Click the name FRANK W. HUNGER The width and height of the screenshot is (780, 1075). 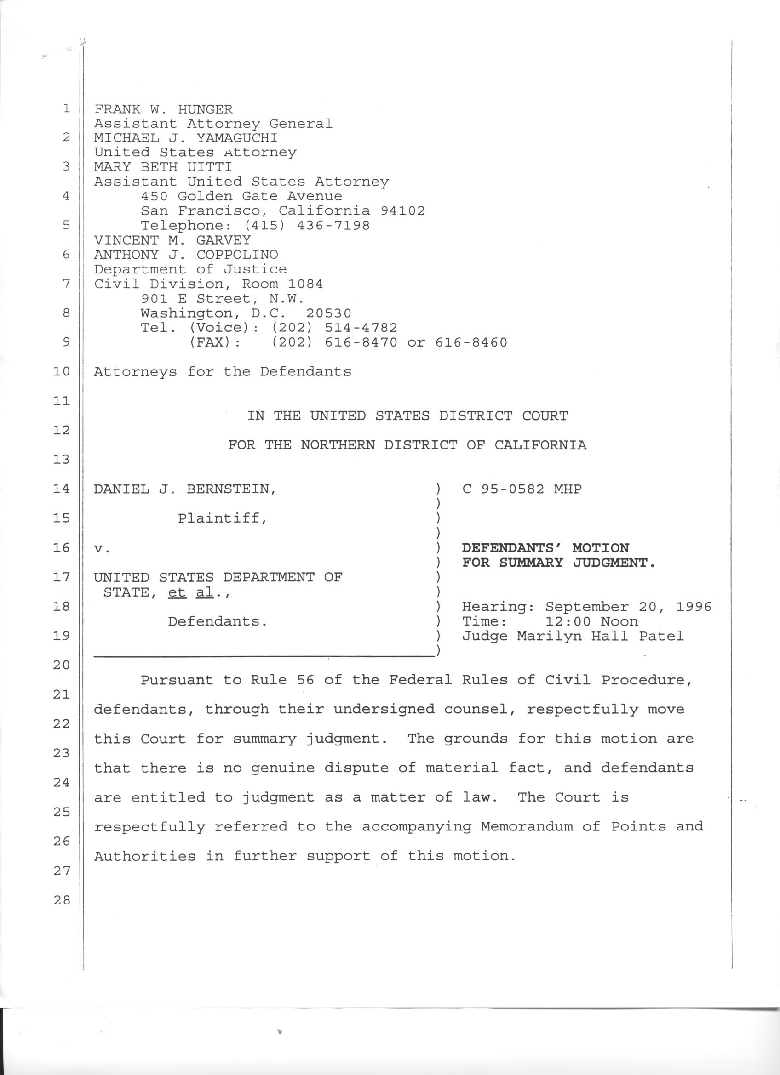tap(163, 109)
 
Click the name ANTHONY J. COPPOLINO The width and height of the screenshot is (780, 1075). tap(186, 255)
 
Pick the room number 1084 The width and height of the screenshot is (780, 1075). tap(309, 284)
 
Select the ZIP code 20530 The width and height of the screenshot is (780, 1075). tap(328, 313)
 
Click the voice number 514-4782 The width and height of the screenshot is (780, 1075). tap(361, 328)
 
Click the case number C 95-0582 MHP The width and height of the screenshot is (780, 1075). tap(522, 489)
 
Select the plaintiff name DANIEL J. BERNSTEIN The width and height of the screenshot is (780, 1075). tap(185, 489)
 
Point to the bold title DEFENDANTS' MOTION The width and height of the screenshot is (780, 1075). tap(545, 548)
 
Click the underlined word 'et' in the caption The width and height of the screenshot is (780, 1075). tap(177, 592)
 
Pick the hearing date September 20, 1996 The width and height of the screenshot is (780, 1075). tap(628, 607)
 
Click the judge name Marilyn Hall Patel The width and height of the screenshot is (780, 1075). tap(600, 636)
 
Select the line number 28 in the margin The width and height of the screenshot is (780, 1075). tap(62, 900)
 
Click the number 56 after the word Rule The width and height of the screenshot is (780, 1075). tap(305, 680)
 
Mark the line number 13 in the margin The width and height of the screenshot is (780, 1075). tap(62, 459)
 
